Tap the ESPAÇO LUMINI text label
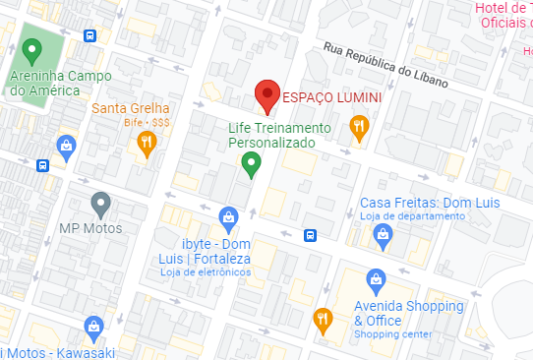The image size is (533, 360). coord(332,98)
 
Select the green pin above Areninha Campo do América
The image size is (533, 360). coord(31,50)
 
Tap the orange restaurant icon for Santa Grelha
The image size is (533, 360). coord(147,144)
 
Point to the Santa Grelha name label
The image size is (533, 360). coord(131,108)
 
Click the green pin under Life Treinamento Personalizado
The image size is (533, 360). coord(252,164)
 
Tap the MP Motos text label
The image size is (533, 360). coord(90,229)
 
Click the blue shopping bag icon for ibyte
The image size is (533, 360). coord(228,217)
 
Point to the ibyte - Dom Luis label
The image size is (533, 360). coord(217,251)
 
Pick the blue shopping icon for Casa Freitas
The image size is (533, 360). coord(383,234)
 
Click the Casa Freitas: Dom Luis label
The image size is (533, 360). coord(431,203)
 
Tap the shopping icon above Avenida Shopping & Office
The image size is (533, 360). coord(375,278)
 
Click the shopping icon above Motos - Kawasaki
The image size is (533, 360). coord(93,326)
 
